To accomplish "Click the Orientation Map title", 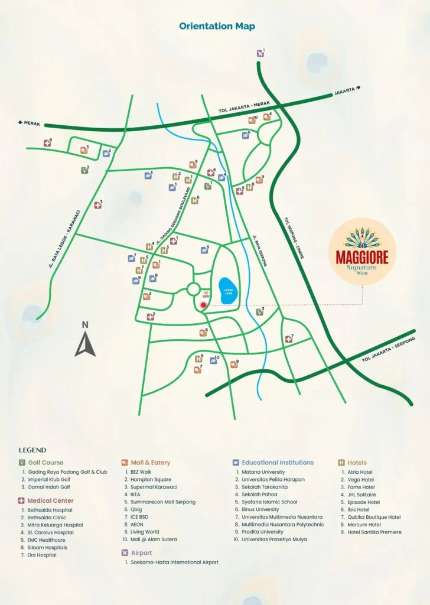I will (x=217, y=27).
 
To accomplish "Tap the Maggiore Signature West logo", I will (x=361, y=252).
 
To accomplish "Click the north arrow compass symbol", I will (x=85, y=341).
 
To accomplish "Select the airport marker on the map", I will (x=260, y=54).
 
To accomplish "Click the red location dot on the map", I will (x=203, y=305).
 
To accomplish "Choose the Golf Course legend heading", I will (x=45, y=463).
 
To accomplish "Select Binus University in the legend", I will (x=260, y=509).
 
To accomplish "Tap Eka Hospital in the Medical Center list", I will (x=42, y=555).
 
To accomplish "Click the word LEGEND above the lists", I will (x=32, y=450).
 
